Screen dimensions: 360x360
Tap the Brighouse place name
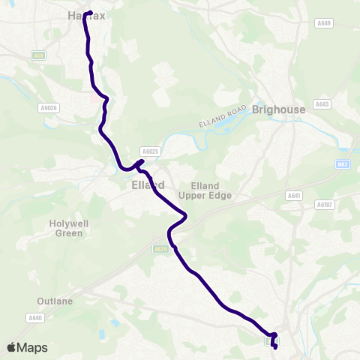(x=279, y=109)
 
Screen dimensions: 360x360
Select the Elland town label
(x=142, y=184)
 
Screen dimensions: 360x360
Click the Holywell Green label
(x=70, y=228)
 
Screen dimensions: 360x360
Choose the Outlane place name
(x=55, y=301)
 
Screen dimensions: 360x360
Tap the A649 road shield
(x=324, y=24)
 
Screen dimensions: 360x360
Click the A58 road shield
(x=38, y=55)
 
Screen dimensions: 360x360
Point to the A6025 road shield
(x=150, y=151)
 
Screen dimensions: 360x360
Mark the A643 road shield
(x=322, y=104)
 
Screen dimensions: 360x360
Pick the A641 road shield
(x=293, y=196)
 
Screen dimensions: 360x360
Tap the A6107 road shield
(x=325, y=204)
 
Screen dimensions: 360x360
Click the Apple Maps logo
(x=27, y=347)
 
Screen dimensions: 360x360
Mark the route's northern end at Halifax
(x=88, y=13)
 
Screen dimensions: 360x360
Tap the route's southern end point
(x=274, y=346)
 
